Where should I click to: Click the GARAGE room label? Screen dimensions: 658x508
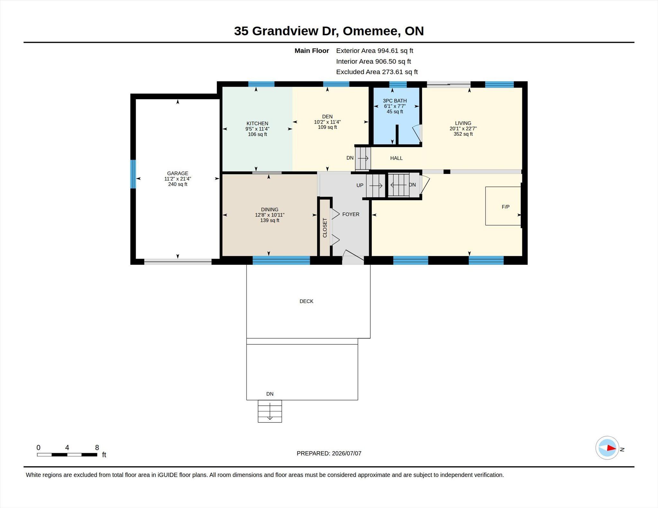(177, 173)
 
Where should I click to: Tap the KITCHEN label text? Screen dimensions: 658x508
(257, 124)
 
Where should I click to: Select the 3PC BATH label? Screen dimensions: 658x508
(395, 101)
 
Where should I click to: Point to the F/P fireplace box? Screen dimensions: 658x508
(503, 206)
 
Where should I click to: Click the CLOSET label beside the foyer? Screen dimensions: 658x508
(325, 228)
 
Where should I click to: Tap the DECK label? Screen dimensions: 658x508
(306, 301)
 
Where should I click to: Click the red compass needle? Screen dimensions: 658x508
(611, 448)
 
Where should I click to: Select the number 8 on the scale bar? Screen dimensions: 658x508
(97, 447)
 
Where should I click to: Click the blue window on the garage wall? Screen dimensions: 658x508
(133, 174)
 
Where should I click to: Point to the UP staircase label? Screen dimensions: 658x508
(360, 185)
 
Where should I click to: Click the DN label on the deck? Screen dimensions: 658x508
(270, 394)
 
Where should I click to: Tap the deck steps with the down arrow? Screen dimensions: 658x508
(270, 411)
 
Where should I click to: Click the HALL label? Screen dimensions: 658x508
(396, 158)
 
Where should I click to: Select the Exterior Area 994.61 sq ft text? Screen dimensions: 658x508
(375, 51)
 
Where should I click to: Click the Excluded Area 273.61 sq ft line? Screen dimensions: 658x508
(377, 72)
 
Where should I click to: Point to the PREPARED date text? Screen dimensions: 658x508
(329, 453)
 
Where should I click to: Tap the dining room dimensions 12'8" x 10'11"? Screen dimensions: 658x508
(270, 215)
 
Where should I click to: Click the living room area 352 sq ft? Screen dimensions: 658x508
(463, 134)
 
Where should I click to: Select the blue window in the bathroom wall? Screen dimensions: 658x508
(398, 84)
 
